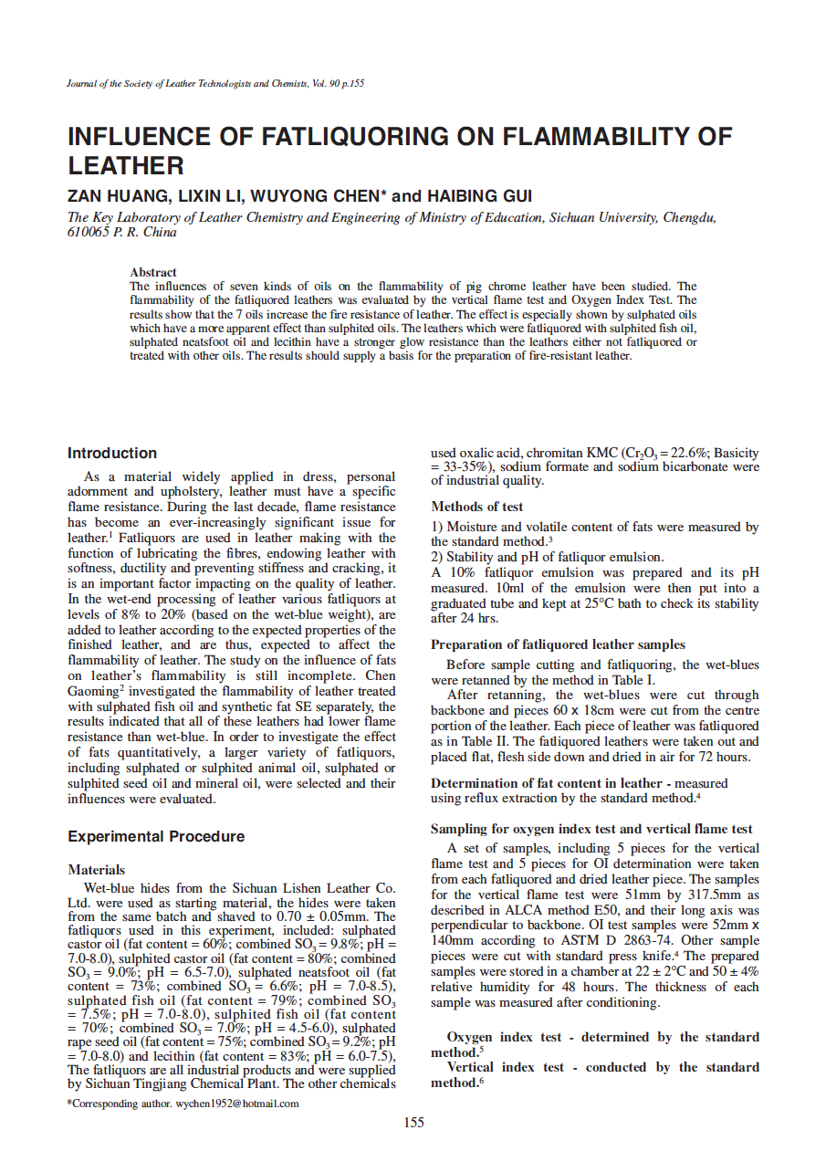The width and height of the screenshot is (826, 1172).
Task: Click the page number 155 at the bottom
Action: pyautogui.click(x=413, y=1122)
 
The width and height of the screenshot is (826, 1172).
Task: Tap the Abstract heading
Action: pyautogui.click(x=153, y=272)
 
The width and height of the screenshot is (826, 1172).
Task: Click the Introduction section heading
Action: pyautogui.click(x=112, y=453)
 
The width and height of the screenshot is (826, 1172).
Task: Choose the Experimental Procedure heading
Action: pyautogui.click(x=156, y=836)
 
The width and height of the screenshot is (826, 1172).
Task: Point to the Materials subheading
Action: pyautogui.click(x=97, y=870)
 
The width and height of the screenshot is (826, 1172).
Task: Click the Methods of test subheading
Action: pyautogui.click(x=477, y=507)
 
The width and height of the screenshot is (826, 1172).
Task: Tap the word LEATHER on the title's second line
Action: pyautogui.click(x=126, y=166)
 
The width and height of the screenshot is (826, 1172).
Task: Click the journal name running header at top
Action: pyautogui.click(x=216, y=84)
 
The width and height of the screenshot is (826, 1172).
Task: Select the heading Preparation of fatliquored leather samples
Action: pyautogui.click(x=558, y=644)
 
